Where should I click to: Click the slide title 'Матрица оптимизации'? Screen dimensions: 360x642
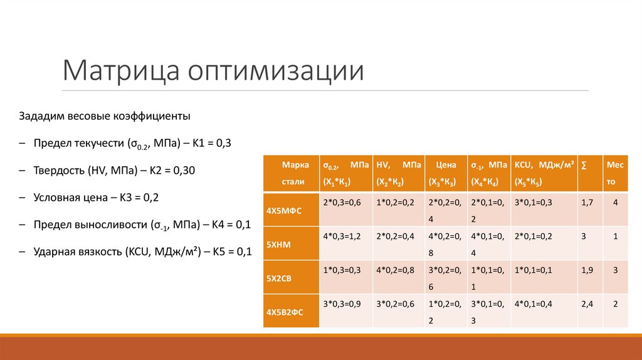pos(213,70)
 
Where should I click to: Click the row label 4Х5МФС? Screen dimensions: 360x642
pos(284,210)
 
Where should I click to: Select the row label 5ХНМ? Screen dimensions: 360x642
pos(278,243)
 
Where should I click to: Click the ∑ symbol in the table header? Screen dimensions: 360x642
pos(584,165)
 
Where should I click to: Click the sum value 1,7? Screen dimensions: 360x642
pos(587,203)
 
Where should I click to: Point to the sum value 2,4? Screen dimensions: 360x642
pos(587,303)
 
